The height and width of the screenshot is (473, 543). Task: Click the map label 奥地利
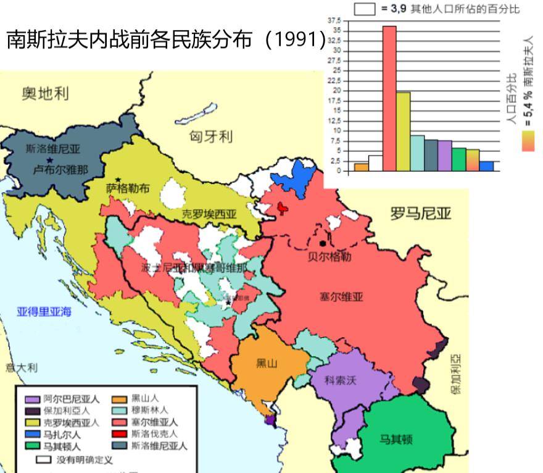point(45,94)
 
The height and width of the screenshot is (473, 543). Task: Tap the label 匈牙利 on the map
point(211,136)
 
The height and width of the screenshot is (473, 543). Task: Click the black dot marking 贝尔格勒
point(322,243)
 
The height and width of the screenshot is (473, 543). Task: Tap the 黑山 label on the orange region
point(267,363)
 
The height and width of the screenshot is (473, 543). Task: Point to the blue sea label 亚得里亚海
point(43,311)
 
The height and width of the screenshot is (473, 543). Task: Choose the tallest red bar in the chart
point(389,99)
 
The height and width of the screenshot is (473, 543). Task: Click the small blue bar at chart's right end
point(487,165)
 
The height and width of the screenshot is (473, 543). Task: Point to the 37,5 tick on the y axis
point(336,20)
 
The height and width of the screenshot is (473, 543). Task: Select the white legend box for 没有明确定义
point(43,460)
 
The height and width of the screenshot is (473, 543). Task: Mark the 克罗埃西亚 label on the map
point(209,214)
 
